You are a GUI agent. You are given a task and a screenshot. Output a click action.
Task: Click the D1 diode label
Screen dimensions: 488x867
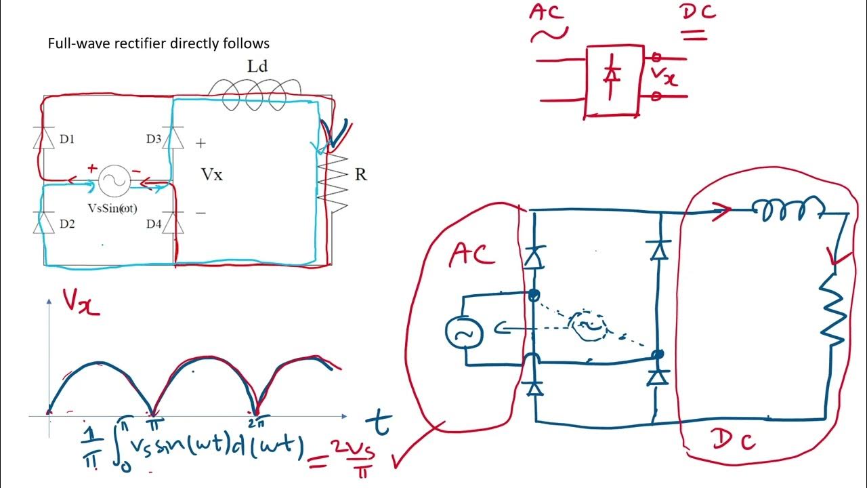point(67,140)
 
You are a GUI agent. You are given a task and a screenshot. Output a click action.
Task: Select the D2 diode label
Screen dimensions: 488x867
point(67,224)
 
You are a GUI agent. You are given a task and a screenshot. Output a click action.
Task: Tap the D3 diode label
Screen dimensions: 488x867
point(154,140)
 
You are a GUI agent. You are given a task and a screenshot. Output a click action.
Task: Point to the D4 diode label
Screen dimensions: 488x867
point(154,224)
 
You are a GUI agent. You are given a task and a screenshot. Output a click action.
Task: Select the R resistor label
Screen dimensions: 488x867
point(361,175)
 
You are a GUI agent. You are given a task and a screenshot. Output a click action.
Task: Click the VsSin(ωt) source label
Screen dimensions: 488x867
point(112,208)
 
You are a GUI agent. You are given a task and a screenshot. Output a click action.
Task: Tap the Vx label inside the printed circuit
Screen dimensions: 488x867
point(211,175)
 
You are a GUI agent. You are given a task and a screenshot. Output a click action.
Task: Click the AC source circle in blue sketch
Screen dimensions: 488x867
point(463,332)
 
